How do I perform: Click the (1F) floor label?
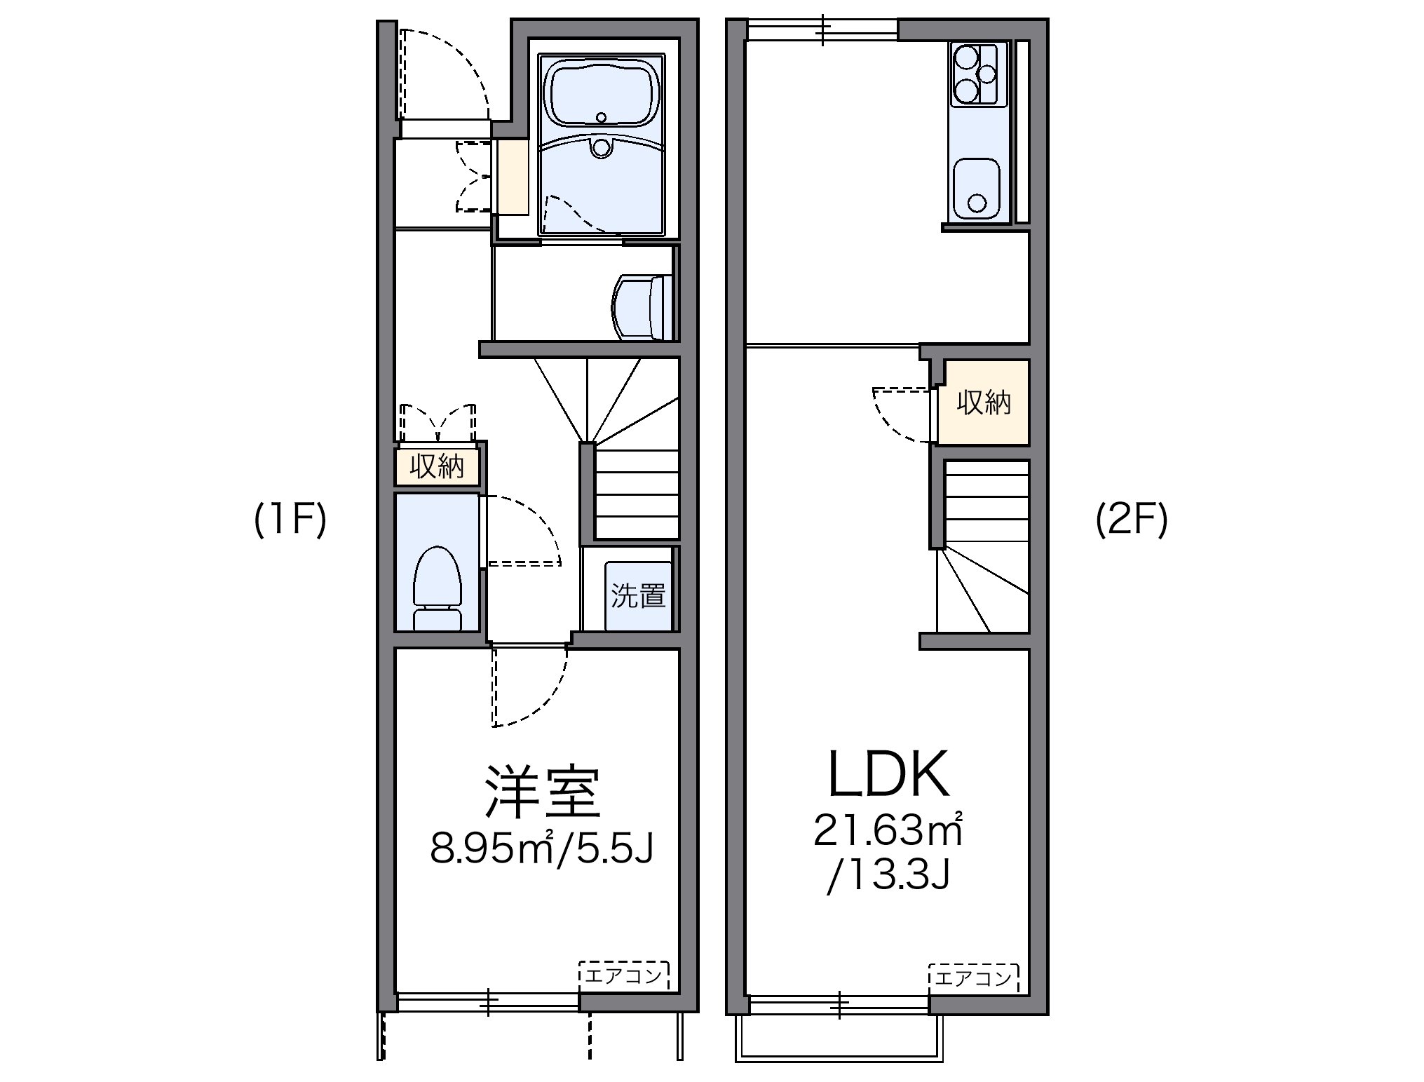click(x=290, y=521)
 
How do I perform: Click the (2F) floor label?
click(x=1132, y=521)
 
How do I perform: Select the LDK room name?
click(x=888, y=776)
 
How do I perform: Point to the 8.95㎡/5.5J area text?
click(x=542, y=848)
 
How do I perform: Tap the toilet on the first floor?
click(x=437, y=586)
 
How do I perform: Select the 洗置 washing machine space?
click(x=638, y=596)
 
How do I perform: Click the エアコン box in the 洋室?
click(x=623, y=975)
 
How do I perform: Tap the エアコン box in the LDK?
click(x=974, y=978)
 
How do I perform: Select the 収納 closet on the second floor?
click(x=984, y=403)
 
